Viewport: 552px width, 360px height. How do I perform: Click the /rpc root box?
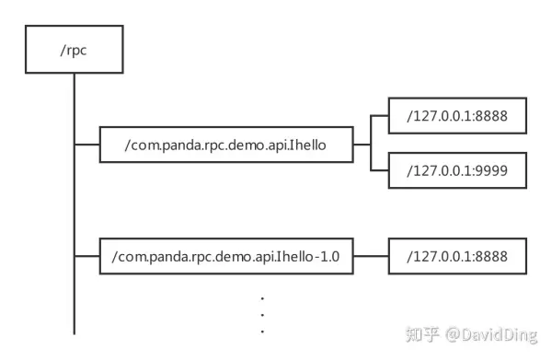tap(74, 50)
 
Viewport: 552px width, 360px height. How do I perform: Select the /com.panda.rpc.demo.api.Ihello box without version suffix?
tap(224, 145)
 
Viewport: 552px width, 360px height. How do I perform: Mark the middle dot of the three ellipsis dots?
tap(262, 313)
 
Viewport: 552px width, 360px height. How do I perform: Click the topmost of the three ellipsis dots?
tap(262, 297)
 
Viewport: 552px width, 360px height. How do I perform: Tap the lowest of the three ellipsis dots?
tap(262, 329)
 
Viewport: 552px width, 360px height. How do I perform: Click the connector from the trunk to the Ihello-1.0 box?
tap(86, 255)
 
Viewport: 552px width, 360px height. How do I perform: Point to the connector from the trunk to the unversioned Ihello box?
tap(86, 145)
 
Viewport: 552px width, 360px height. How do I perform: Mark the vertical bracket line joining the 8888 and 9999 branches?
tap(369, 145)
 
